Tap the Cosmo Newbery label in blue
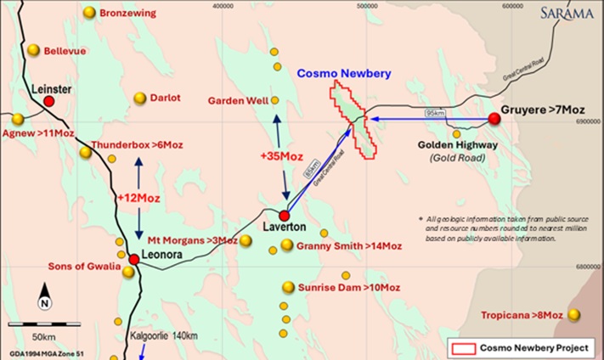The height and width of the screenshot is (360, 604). (343, 74)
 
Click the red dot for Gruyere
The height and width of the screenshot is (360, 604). (494, 119)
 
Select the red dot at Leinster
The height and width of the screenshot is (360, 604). (49, 101)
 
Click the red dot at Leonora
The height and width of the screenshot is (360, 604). (133, 259)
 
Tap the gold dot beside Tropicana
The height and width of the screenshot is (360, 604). (574, 315)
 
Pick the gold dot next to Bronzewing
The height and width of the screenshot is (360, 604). (89, 12)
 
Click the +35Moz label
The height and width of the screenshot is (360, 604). (281, 156)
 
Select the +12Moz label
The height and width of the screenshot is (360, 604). (139, 197)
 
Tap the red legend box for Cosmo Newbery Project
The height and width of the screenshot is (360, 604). (464, 348)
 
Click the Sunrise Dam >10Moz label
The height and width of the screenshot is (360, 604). (348, 287)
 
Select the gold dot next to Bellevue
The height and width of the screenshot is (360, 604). (33, 50)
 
